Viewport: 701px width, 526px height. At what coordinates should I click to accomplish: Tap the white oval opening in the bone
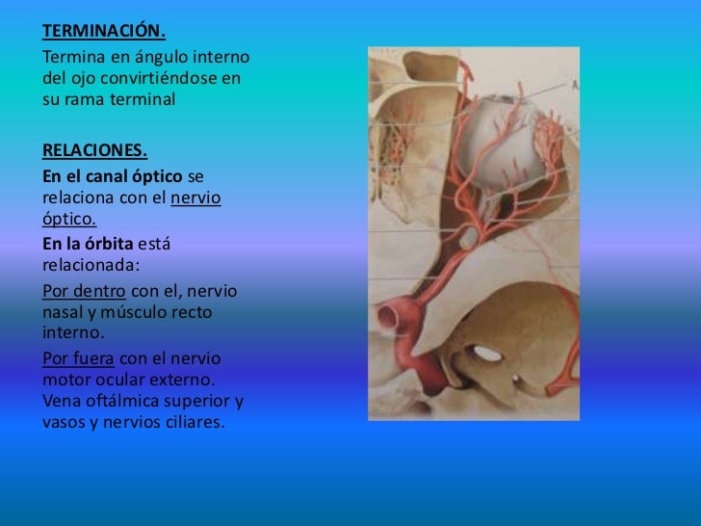point(488,354)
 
